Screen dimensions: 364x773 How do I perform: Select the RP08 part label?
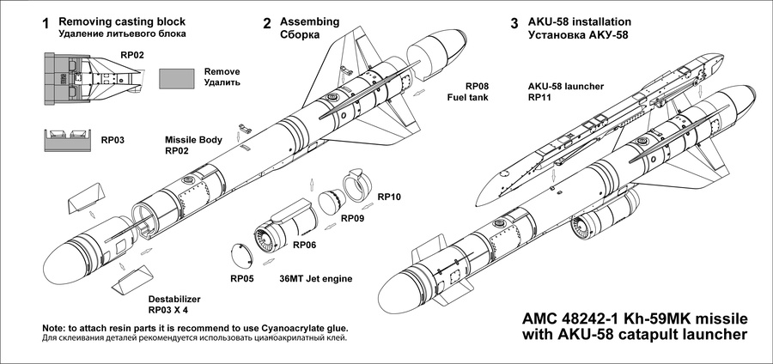pos(477,87)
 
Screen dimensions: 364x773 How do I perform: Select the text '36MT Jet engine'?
pos(317,279)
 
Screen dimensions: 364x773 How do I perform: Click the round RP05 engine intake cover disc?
pos(239,256)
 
